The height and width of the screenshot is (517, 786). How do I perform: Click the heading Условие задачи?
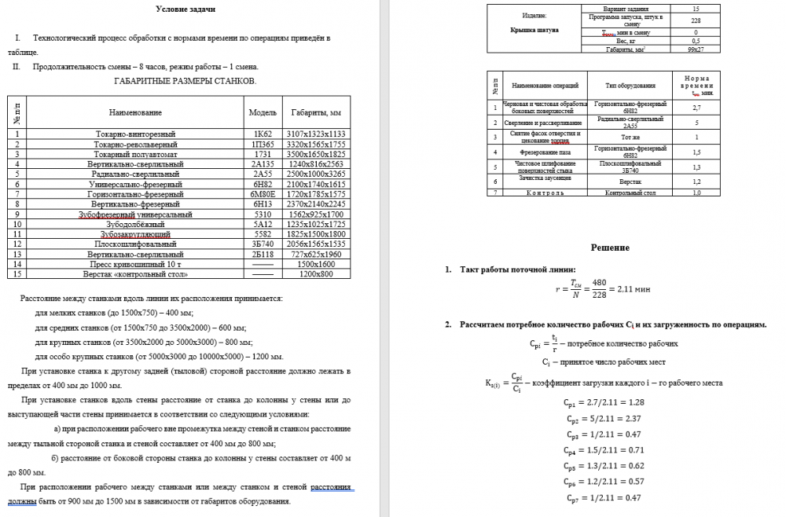click(x=185, y=9)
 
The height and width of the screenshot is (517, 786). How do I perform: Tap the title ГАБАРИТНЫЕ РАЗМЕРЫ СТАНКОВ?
click(x=185, y=81)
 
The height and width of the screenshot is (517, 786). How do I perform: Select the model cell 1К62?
click(x=262, y=134)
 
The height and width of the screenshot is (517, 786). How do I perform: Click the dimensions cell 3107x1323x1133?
click(x=316, y=134)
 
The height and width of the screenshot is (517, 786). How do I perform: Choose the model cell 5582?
click(x=262, y=234)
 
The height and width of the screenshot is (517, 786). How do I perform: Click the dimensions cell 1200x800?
click(x=316, y=274)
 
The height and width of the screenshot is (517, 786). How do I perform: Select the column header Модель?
click(x=262, y=112)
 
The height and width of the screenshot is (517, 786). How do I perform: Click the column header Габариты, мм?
click(x=316, y=112)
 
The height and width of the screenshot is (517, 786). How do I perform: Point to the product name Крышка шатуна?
click(x=534, y=30)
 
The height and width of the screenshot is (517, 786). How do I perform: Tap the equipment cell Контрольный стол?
click(x=619, y=192)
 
